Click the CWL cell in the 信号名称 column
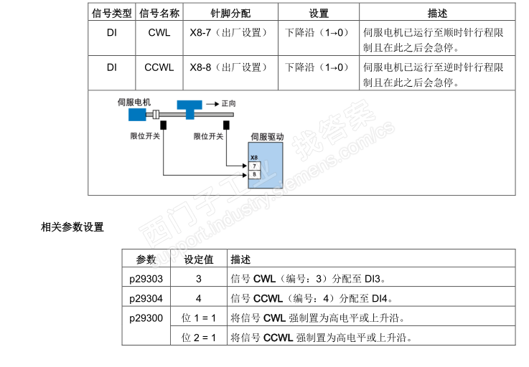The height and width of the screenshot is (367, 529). (159, 32)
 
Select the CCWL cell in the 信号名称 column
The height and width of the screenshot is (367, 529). (159, 67)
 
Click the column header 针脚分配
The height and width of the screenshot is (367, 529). (230, 14)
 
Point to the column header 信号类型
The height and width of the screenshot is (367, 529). (111, 14)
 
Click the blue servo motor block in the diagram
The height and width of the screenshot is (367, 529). (138, 115)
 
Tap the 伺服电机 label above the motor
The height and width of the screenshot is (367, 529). (135, 102)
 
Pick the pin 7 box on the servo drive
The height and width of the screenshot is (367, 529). (254, 166)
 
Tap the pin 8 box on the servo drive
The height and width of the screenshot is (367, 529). (254, 174)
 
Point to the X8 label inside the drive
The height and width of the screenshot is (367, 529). (253, 157)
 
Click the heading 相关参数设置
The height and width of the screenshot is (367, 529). (72, 227)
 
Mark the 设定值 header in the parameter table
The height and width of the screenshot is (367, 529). (199, 259)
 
